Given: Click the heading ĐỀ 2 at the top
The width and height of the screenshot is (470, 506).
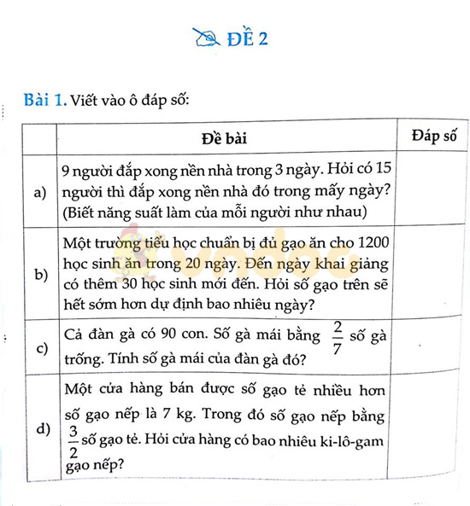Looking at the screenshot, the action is (249, 39).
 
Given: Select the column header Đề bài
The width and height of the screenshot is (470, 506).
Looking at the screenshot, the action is (225, 138).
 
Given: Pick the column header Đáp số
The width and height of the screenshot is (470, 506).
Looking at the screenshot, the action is (433, 136).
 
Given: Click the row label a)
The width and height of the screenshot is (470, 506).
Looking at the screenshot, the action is (40, 193).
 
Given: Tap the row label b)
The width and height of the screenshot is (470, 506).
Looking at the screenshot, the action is (40, 275).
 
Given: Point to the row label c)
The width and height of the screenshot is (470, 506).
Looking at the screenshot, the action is (40, 347).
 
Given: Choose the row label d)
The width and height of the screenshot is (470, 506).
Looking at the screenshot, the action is (40, 428).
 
